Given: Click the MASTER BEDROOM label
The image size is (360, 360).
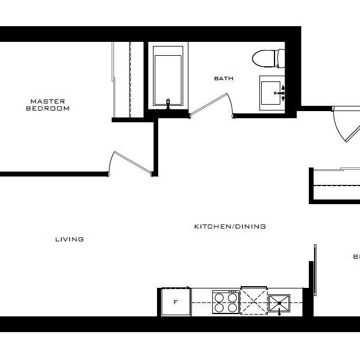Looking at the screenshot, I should tap(48, 105).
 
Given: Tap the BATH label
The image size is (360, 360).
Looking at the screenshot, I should tap(223, 79).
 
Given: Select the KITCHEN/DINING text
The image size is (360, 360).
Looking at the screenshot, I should tap(230, 226).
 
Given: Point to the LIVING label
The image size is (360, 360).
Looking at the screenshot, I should tap(69, 239).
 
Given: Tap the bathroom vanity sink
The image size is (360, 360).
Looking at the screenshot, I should tap(270, 91).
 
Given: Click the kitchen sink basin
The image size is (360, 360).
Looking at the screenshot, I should tap(280, 302).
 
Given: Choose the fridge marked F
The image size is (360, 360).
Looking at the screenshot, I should tap(176, 302).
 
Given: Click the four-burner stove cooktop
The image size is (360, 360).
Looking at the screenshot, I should tap(226, 302).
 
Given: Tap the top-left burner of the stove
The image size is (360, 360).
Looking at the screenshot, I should tap(220, 297).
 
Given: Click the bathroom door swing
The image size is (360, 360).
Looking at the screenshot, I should tap(212, 106).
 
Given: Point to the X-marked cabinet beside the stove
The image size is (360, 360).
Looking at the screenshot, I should tap(254, 300).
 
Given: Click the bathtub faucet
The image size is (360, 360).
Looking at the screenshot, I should tap(169, 103).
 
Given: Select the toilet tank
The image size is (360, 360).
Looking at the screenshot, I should tap(281, 58).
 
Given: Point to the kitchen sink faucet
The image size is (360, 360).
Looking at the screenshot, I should tap(280, 312).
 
